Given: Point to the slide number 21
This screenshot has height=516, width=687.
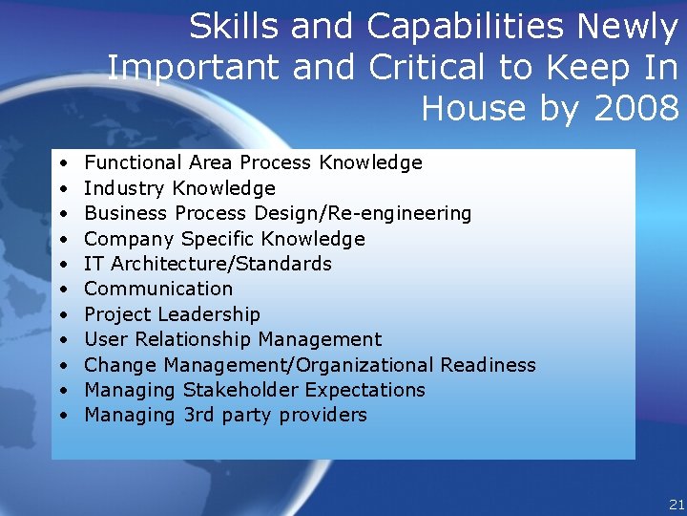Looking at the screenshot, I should (677, 504).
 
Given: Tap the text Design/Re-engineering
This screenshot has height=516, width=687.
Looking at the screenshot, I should (363, 213).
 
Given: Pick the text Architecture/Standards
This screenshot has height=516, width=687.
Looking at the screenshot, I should (221, 264).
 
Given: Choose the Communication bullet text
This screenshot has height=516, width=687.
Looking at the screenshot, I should (158, 289).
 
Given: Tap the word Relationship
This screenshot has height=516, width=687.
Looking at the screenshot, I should (191, 339).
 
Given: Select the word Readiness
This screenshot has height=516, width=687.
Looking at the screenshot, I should (488, 365).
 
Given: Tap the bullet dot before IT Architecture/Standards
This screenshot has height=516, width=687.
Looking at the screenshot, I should (62, 264).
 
